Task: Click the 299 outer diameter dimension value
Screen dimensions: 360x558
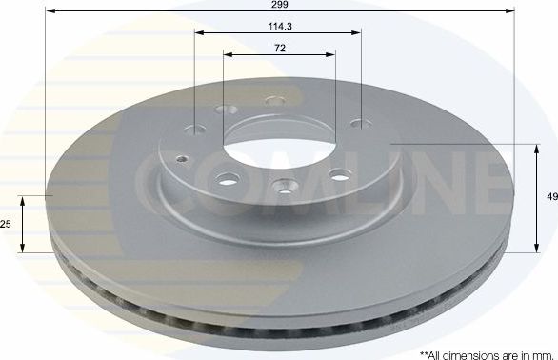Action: pyautogui.click(x=280, y=6)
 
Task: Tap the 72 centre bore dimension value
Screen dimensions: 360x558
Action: pyautogui.click(x=280, y=47)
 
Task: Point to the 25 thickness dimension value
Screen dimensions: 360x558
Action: pyautogui.click(x=6, y=224)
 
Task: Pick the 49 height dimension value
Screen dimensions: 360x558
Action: pyautogui.click(x=551, y=198)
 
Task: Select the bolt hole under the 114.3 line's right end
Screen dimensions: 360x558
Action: pyautogui.click(x=360, y=122)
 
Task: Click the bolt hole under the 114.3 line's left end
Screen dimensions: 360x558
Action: pyautogui.click(x=197, y=130)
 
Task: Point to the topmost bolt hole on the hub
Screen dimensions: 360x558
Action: pyautogui.click(x=275, y=101)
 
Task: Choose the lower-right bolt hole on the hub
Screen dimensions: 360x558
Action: pyautogui.click(x=338, y=175)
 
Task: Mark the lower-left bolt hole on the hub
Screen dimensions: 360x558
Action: pyautogui.click(x=227, y=176)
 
